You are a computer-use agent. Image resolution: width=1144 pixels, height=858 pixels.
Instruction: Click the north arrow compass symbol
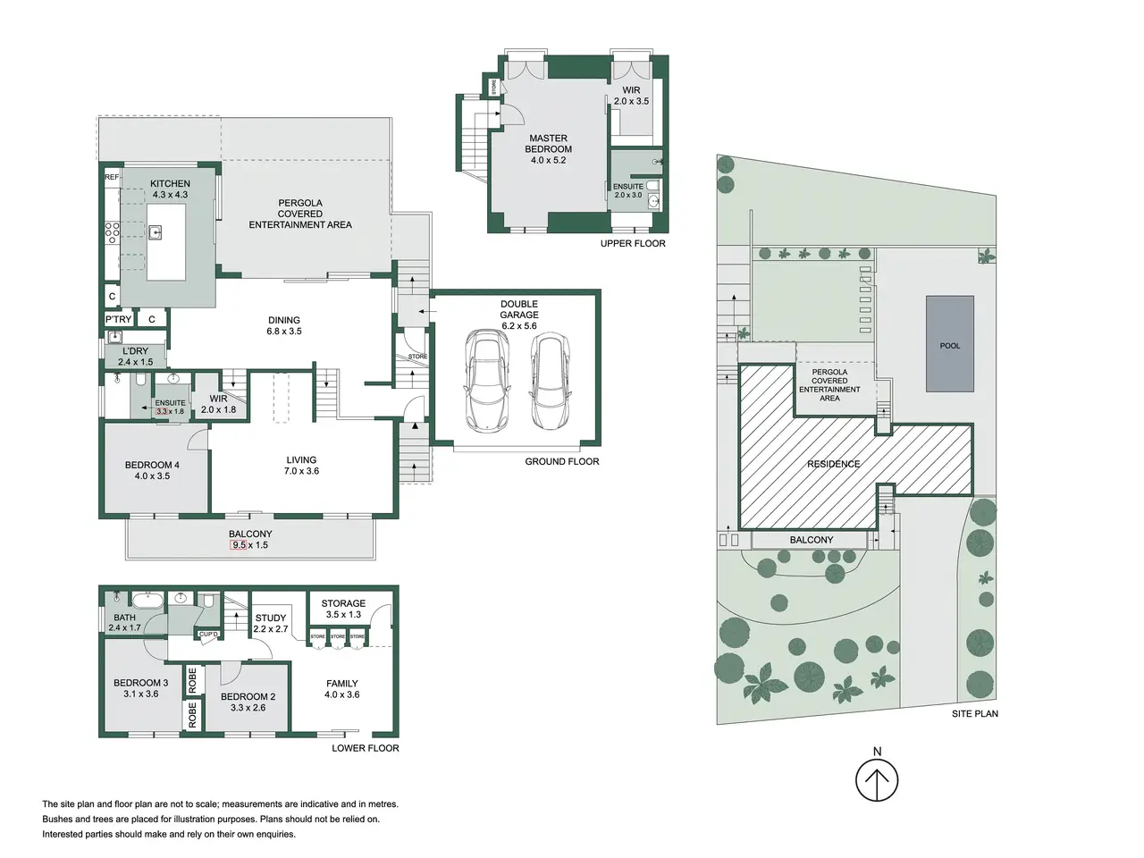click(877, 780)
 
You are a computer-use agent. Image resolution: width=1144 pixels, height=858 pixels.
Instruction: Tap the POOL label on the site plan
click(949, 345)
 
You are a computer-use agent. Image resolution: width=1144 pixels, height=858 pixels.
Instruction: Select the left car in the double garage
click(487, 381)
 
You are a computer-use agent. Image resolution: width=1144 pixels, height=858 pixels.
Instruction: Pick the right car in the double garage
click(551, 381)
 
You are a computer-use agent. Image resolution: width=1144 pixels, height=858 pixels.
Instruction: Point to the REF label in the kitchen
click(112, 177)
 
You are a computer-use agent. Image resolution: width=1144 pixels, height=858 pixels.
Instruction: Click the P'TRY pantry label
click(118, 319)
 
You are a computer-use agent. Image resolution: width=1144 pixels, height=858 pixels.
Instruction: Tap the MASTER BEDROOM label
click(548, 143)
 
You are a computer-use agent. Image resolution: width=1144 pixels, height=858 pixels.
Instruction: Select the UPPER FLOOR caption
click(633, 243)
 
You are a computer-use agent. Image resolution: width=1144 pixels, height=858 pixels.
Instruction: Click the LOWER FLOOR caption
click(366, 748)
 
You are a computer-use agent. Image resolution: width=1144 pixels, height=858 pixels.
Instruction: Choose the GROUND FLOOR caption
click(562, 461)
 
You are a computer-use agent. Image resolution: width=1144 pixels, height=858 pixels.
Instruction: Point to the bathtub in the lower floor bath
click(147, 600)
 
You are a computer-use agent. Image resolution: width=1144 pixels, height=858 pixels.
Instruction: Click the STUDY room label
click(271, 618)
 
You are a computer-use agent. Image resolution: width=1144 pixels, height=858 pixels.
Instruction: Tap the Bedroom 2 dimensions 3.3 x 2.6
click(248, 708)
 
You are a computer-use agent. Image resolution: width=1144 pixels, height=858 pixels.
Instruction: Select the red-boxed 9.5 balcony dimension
click(239, 545)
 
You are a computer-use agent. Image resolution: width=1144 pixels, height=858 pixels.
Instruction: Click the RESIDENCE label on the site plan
click(833, 464)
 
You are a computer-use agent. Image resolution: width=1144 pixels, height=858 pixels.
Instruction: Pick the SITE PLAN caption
click(974, 714)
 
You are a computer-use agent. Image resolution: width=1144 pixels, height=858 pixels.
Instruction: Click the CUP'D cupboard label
click(208, 634)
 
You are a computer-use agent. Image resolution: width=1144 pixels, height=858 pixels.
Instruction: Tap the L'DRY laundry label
click(136, 351)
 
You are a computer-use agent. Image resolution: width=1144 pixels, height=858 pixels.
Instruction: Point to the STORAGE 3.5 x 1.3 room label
click(343, 609)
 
